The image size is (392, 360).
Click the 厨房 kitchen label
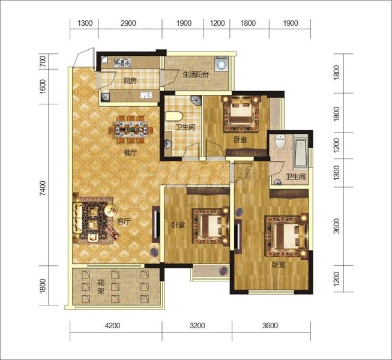click(130, 81)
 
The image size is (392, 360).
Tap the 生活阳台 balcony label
click(196, 74)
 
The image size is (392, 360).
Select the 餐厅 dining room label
click(130, 152)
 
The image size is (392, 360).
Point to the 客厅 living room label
click(124, 221)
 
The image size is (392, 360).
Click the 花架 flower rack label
click(101, 287)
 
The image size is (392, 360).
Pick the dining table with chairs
click(130, 130)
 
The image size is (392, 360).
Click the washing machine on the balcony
click(221, 64)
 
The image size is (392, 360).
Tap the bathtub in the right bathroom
click(301, 154)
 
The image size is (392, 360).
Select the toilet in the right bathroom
click(280, 142)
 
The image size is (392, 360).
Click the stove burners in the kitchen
click(122, 63)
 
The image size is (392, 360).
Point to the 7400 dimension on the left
click(43, 188)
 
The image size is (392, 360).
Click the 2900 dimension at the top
click(128, 23)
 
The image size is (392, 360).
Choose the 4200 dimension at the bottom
click(113, 326)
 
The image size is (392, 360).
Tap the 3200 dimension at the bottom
click(198, 326)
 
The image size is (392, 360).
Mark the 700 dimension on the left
click(43, 61)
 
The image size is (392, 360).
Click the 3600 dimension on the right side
click(337, 226)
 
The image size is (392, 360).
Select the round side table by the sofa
click(110, 211)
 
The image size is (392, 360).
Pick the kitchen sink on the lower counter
click(146, 95)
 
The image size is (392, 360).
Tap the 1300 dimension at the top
click(85, 23)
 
